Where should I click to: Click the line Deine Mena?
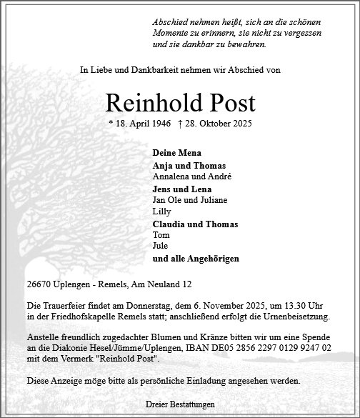tap(176, 153)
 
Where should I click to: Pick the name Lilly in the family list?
tap(161, 212)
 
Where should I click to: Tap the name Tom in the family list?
tap(161, 235)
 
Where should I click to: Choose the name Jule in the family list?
tap(161, 246)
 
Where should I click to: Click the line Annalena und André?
tap(182, 176)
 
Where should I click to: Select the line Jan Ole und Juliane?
tap(183, 201)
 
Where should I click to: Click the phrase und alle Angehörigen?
tap(196, 258)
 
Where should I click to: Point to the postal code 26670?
tap(37, 284)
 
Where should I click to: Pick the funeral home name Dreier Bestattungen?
tap(179, 404)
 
